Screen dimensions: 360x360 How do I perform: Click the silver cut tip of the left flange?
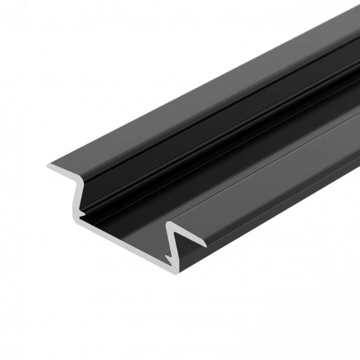49,168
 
